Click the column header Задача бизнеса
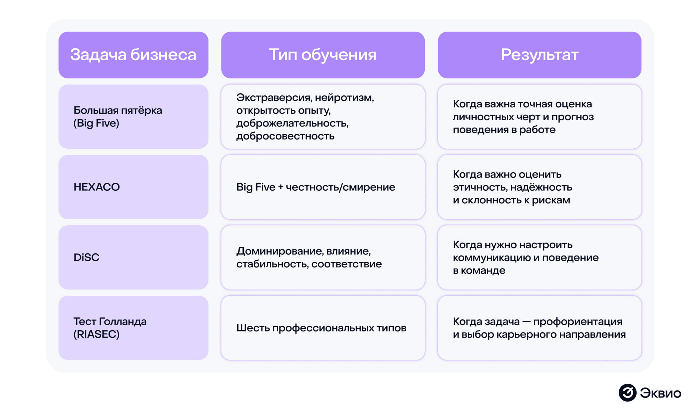click(x=133, y=55)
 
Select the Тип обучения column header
click(x=323, y=55)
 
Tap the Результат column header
click(x=539, y=55)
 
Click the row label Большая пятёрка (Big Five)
click(x=118, y=116)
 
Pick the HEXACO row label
click(x=97, y=187)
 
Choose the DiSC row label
click(x=87, y=257)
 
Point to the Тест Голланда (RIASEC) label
click(x=110, y=328)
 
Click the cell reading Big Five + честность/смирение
click(x=316, y=187)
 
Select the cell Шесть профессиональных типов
click(x=321, y=328)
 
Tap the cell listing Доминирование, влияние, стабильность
click(x=309, y=257)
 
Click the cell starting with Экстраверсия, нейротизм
click(x=305, y=116)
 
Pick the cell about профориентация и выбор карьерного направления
click(x=539, y=328)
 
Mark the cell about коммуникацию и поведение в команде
click(x=526, y=257)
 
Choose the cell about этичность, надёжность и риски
click(x=512, y=187)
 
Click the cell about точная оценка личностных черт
click(x=523, y=116)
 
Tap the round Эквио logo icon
click(x=627, y=393)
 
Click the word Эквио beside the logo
click(x=660, y=393)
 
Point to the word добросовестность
click(x=285, y=136)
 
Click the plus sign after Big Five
click(x=280, y=187)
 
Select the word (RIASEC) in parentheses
click(x=97, y=334)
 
